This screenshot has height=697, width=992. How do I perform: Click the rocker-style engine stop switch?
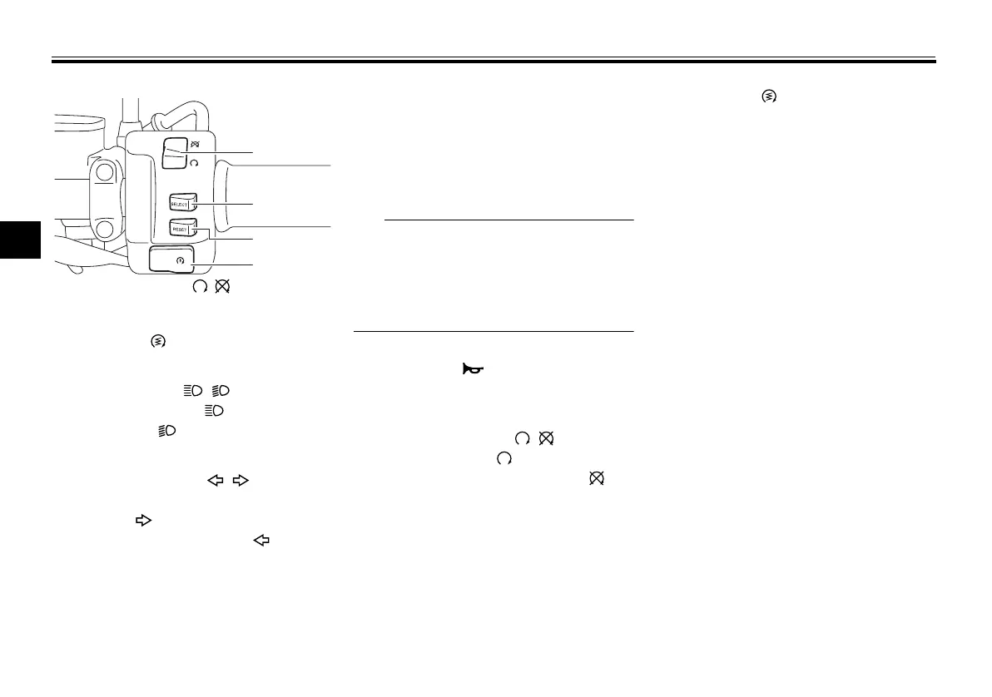(175, 153)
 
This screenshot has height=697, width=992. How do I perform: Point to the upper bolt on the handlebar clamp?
(104, 174)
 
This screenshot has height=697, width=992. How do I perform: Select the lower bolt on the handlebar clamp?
(104, 229)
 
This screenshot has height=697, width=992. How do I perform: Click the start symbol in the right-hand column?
(770, 97)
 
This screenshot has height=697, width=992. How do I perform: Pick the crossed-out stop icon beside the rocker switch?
(195, 144)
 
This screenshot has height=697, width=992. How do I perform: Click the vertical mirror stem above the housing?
(126, 112)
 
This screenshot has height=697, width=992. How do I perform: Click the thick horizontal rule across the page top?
(494, 61)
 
